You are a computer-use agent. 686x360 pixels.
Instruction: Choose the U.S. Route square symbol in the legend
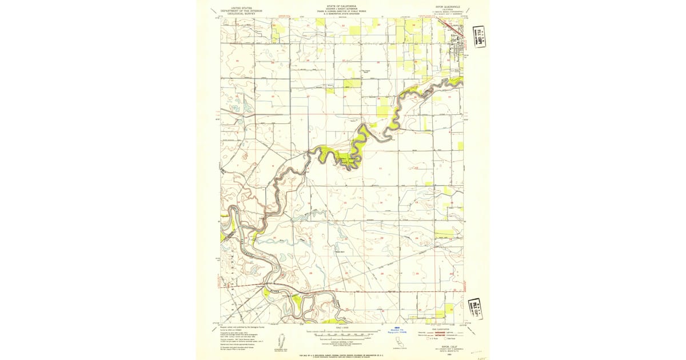coord(424,339)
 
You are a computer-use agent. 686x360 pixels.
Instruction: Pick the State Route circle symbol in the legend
coord(441,339)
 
